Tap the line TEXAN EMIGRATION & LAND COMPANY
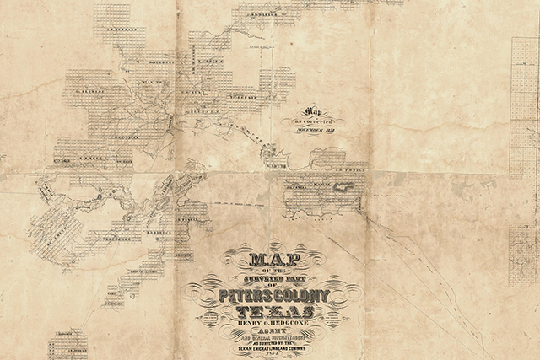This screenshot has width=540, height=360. (x=276, y=349)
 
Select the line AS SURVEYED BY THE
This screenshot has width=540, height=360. (x=276, y=342)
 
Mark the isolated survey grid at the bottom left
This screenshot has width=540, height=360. (x=67, y=344)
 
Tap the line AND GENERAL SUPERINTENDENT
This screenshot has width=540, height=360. (x=276, y=336)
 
